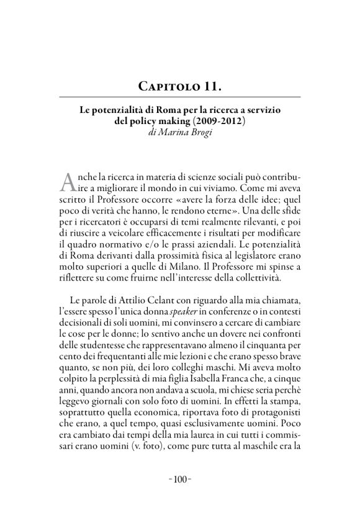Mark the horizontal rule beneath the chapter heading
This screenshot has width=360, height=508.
pos(180,97)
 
